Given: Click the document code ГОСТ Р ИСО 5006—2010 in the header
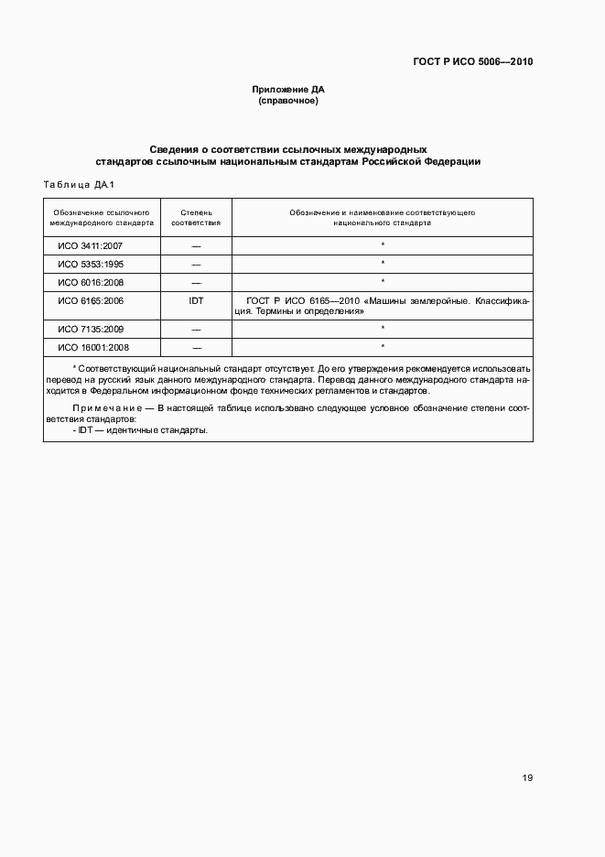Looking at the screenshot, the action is point(472,62).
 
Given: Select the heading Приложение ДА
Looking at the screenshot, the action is point(288,90).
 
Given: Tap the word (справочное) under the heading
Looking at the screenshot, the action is point(288,101).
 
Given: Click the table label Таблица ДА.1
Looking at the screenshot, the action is point(78,185).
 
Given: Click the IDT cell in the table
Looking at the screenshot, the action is point(196,300).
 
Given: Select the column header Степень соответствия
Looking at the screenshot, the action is point(196,217).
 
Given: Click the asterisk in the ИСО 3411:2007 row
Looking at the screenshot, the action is point(382,245).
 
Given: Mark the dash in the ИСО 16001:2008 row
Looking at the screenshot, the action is point(196,348).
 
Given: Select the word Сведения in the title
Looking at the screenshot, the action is point(173,148).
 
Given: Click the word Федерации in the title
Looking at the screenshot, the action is point(454,161).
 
